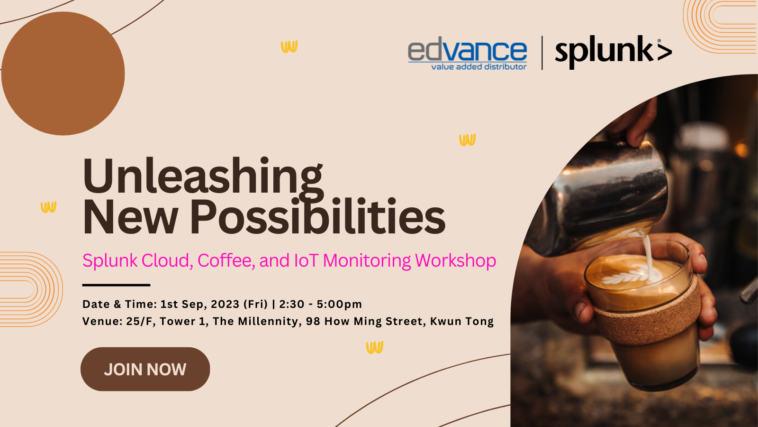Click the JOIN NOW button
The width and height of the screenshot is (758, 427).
145,369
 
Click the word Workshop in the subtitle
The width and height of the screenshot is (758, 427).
455,261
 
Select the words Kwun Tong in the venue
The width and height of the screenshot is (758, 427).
462,321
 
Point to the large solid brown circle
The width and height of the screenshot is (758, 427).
63,74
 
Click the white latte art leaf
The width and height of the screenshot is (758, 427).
627,277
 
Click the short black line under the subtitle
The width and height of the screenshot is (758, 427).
116,285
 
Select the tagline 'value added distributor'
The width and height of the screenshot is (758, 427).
479,67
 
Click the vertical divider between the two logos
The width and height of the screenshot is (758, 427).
542,53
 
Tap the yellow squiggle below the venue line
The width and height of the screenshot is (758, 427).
375,347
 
